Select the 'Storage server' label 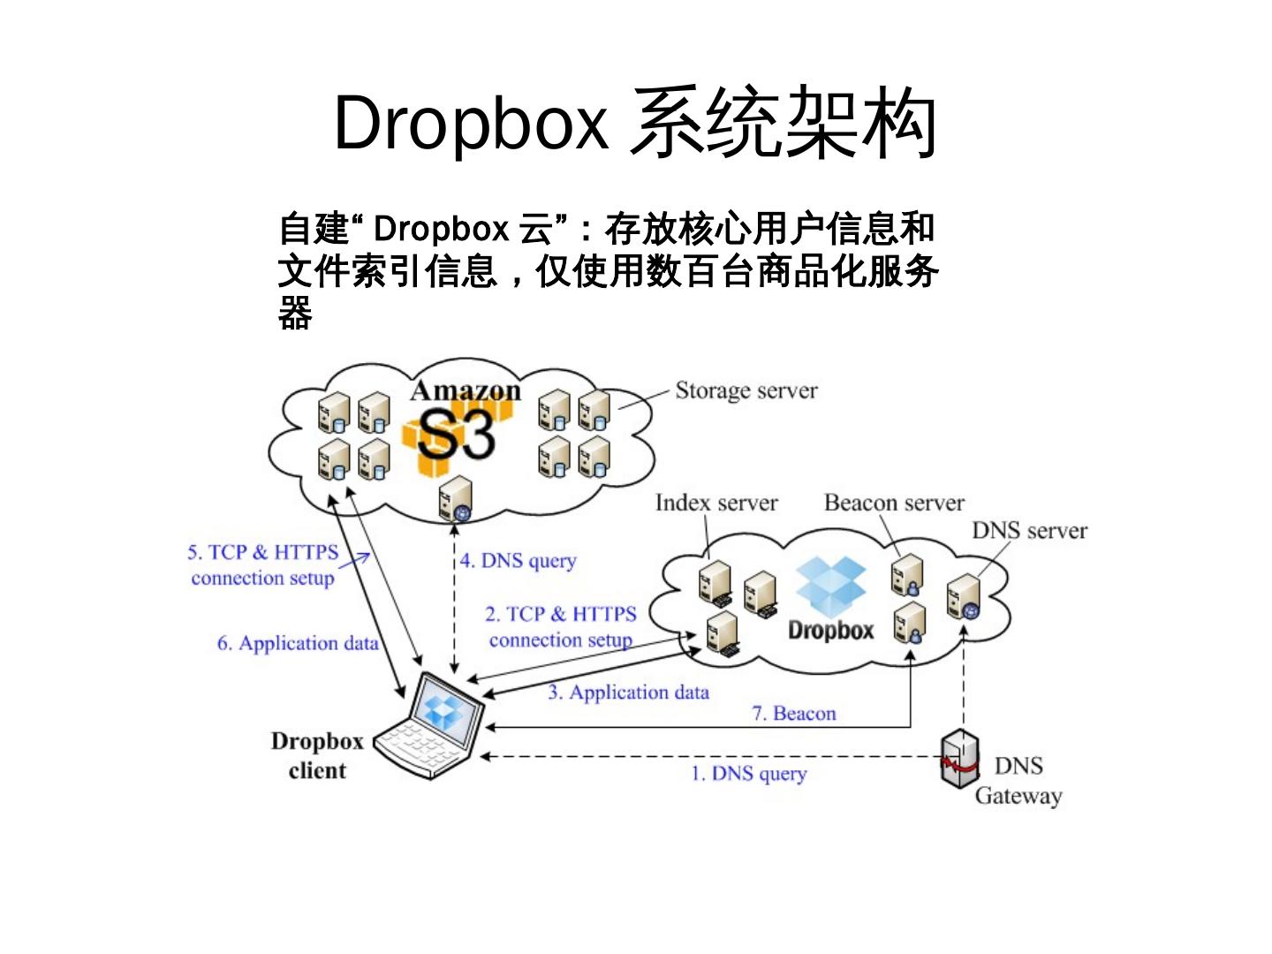pyautogui.click(x=746, y=390)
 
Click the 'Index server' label pyautogui.click(x=716, y=503)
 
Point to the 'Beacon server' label pyautogui.click(x=894, y=503)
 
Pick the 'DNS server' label pyautogui.click(x=1029, y=531)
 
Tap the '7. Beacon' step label pyautogui.click(x=793, y=714)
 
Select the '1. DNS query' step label pyautogui.click(x=748, y=774)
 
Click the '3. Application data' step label pyautogui.click(x=628, y=693)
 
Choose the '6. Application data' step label pyautogui.click(x=298, y=643)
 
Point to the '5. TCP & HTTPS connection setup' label pyautogui.click(x=262, y=565)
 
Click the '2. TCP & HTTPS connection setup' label pyautogui.click(x=561, y=626)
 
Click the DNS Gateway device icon pyautogui.click(x=959, y=758)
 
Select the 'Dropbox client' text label pyautogui.click(x=317, y=756)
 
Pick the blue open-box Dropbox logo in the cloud pyautogui.click(x=831, y=587)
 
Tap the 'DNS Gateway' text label pyautogui.click(x=1018, y=781)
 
